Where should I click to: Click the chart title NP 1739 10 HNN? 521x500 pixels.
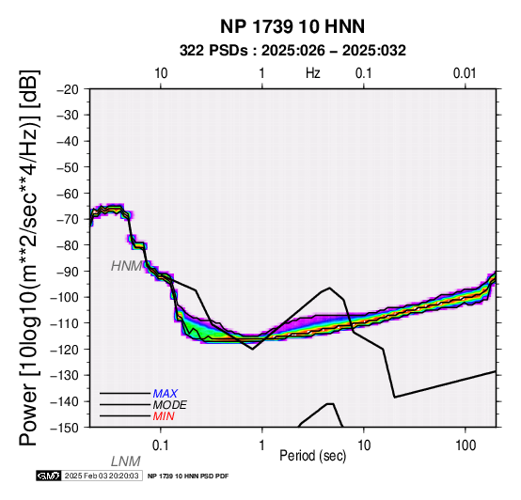[292, 26]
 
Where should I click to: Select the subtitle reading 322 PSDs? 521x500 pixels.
[213, 51]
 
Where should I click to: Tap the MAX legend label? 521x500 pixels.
[166, 394]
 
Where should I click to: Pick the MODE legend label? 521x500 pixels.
[170, 405]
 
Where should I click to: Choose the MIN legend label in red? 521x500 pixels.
[164, 416]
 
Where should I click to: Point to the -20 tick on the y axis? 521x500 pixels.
[68, 89]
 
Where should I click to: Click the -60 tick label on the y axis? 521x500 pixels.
[68, 194]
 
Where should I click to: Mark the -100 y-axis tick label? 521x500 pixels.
[65, 297]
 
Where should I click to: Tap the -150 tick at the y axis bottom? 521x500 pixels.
[65, 428]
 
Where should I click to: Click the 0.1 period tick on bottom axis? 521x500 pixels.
[161, 445]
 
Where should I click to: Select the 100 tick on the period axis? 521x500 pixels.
[466, 445]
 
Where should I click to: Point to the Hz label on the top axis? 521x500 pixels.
[312, 73]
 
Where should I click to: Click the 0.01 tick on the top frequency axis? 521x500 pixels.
[465, 73]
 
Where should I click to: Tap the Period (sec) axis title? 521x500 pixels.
[312, 456]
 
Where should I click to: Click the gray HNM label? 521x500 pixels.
[127, 266]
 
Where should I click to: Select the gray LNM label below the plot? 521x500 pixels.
[126, 461]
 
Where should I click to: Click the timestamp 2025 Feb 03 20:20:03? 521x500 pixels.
[102, 476]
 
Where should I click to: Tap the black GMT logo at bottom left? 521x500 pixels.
[49, 476]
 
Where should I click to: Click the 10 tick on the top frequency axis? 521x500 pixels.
[161, 73]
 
